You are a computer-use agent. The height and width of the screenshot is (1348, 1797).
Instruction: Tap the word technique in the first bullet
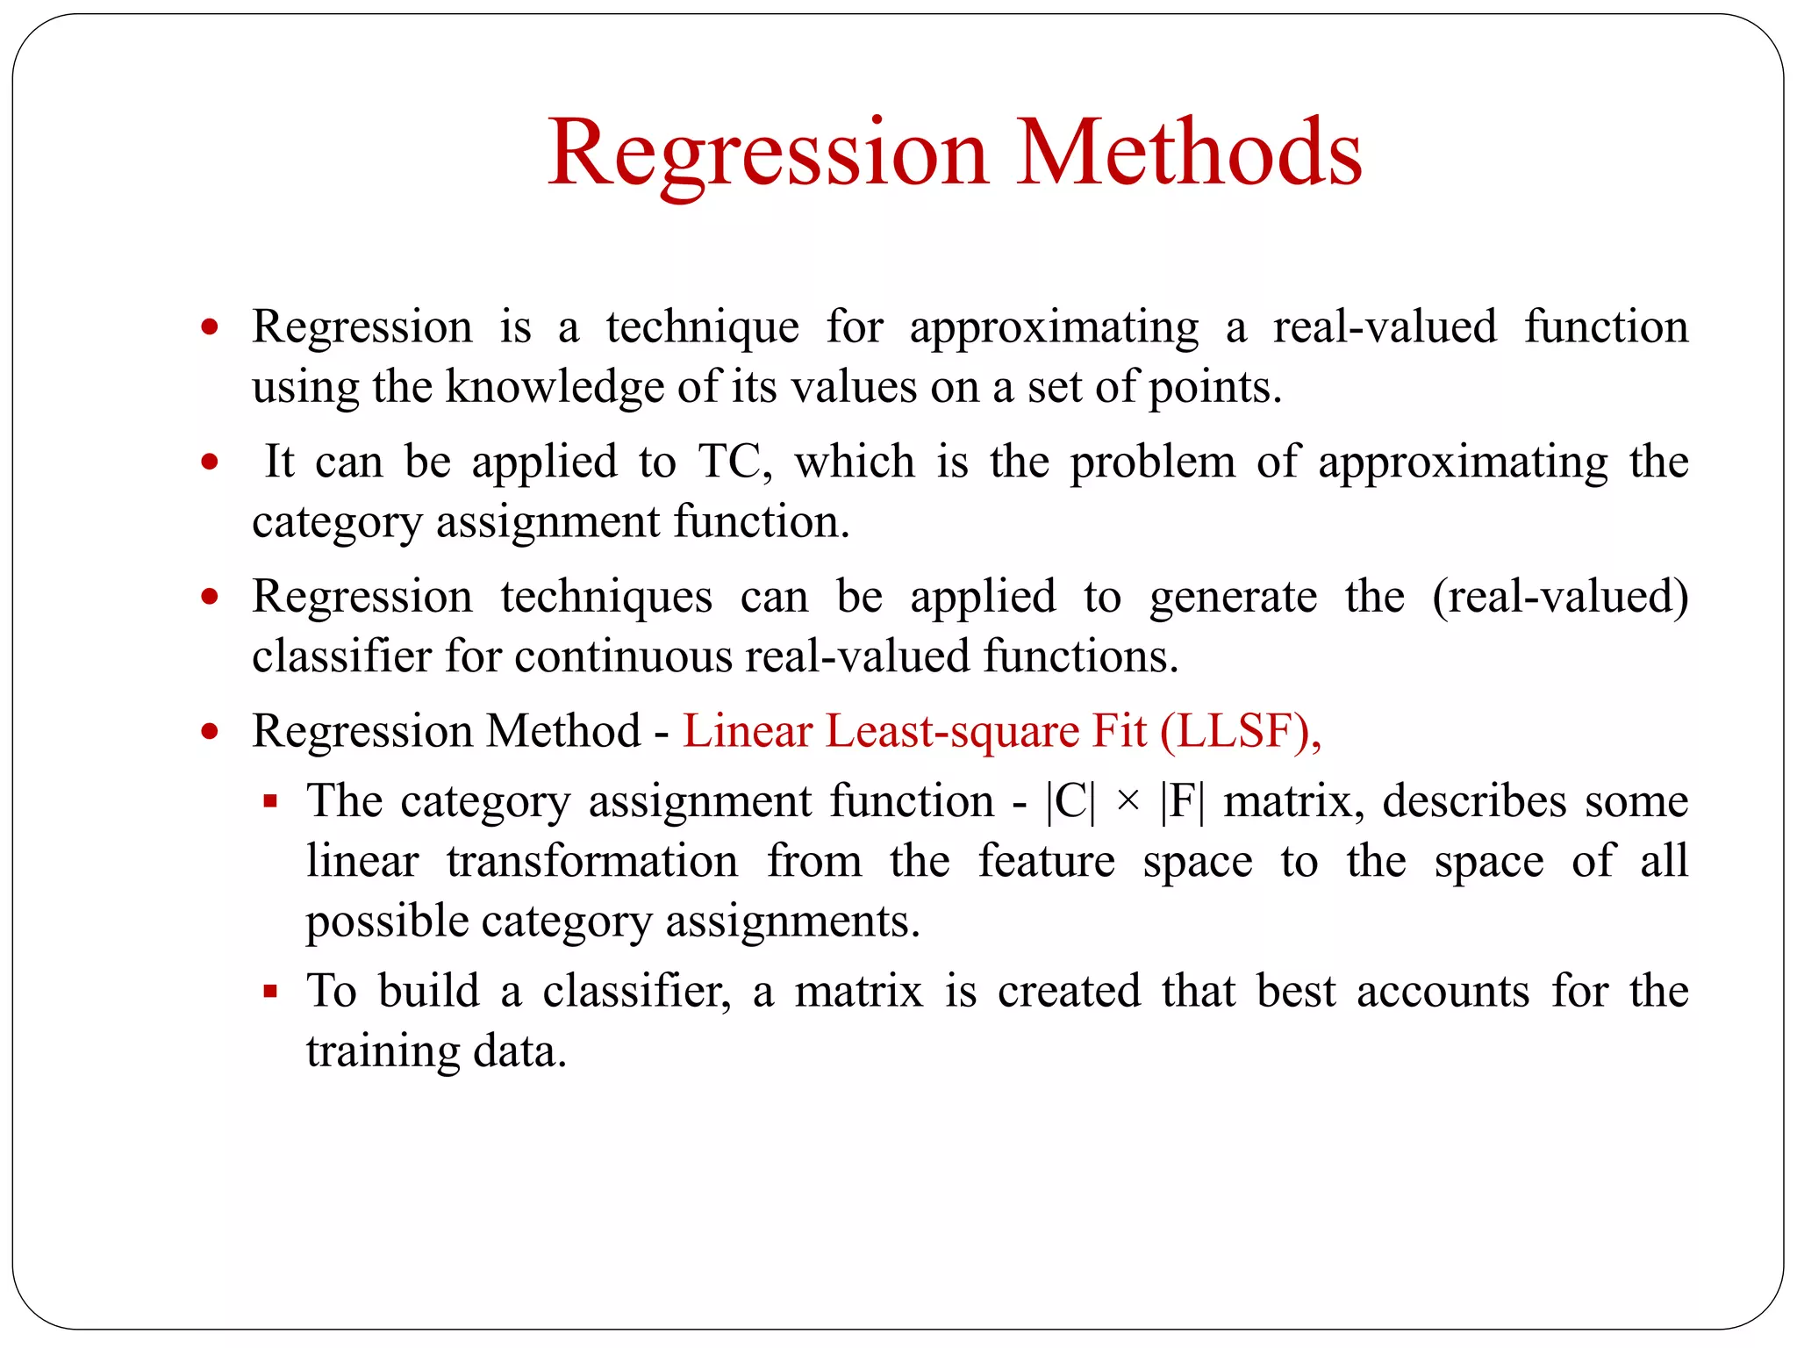point(702,328)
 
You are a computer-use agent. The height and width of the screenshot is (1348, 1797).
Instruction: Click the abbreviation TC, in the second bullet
point(735,462)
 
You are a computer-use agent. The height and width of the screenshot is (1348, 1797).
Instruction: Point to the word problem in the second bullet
point(1152,462)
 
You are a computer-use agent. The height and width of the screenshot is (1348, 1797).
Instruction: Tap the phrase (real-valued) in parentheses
point(1560,597)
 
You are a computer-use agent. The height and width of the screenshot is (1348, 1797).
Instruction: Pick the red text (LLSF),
point(1240,731)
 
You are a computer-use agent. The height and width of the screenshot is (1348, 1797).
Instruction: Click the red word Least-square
point(952,732)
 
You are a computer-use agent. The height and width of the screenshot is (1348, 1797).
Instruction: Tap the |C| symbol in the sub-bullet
point(1070,802)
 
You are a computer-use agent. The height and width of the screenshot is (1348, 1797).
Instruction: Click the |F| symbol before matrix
point(1182,802)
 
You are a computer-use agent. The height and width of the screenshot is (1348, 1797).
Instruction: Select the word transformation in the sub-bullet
point(592,862)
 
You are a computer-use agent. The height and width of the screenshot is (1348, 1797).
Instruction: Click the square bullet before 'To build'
point(270,993)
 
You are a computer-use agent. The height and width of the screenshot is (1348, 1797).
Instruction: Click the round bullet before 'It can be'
point(209,462)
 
